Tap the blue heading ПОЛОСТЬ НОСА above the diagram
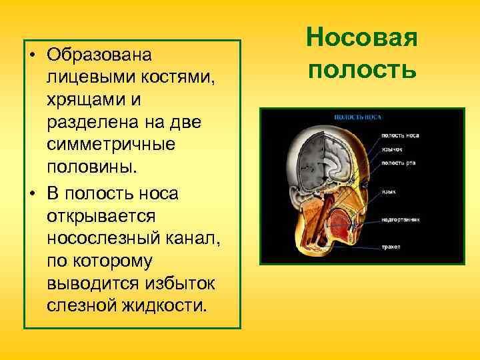357,117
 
